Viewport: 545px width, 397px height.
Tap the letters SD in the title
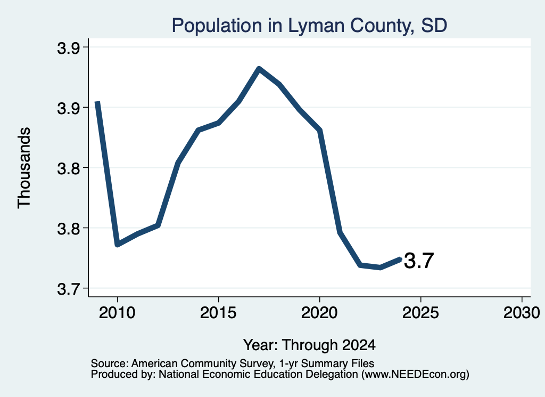434,25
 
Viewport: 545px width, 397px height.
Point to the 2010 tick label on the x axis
117,313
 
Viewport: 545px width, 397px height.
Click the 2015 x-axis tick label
218,313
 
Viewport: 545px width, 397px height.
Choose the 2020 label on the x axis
319,313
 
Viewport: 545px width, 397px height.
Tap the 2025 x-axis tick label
420,313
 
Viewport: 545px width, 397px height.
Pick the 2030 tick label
522,313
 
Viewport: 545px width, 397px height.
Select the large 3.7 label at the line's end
419,261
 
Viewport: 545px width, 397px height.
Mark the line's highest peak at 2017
259,68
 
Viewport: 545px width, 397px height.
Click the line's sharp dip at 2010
118,245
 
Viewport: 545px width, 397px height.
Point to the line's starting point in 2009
98,102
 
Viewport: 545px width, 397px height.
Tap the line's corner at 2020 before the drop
320,131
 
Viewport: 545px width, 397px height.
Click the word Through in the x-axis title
309,345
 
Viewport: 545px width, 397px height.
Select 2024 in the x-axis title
359,345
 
